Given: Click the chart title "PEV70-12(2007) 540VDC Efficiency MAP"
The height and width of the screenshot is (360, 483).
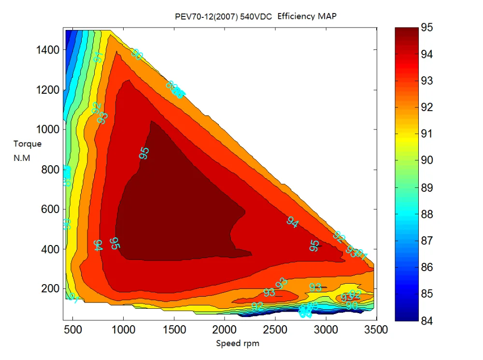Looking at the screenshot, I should pos(256,16).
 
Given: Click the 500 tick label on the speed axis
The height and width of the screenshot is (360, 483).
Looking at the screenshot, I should pos(72,330).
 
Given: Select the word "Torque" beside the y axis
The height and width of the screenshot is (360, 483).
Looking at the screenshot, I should pos(28,144).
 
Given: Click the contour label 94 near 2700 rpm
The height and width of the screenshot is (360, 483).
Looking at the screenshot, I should pos(292,222).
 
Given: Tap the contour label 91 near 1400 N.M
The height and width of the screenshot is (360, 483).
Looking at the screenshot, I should pos(99,57).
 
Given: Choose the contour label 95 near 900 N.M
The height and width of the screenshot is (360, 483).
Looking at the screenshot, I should pos(144,153).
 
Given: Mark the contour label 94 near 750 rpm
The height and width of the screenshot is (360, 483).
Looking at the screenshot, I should pos(99,245).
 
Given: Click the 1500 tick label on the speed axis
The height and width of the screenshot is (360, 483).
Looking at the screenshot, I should pos(174,330).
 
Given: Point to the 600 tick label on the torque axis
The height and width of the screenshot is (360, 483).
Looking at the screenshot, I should pos(50,209).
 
